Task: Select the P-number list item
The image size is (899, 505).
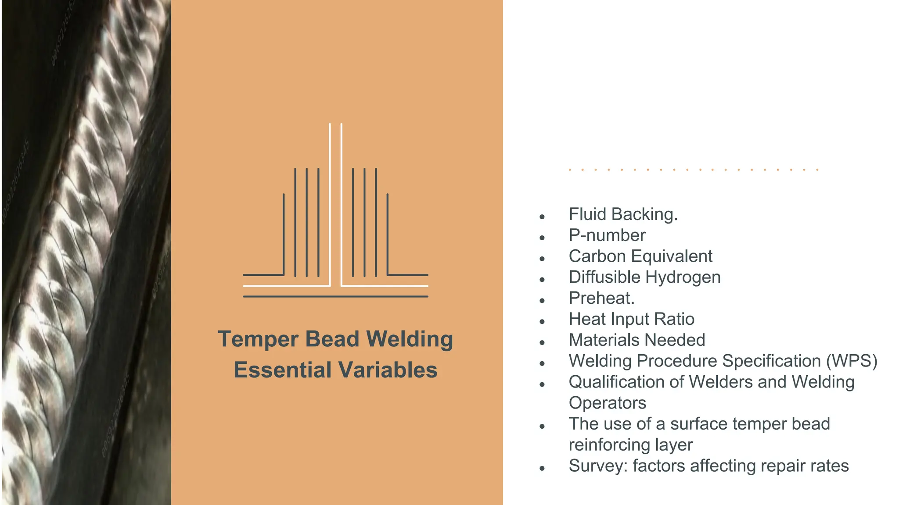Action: [x=607, y=235]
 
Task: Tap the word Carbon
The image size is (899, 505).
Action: [x=597, y=256]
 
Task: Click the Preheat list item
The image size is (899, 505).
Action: [x=601, y=299]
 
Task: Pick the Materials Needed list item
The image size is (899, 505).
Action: [x=637, y=340]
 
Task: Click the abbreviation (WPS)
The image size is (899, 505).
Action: [x=852, y=361]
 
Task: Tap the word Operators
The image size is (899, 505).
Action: [x=607, y=403]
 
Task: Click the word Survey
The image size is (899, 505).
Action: [x=598, y=466]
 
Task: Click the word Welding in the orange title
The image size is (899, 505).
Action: [x=410, y=339]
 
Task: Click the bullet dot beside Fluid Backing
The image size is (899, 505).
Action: [x=543, y=217]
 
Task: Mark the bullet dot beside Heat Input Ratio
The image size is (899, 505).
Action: [x=543, y=322]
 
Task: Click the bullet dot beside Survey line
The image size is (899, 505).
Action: [x=543, y=469]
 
